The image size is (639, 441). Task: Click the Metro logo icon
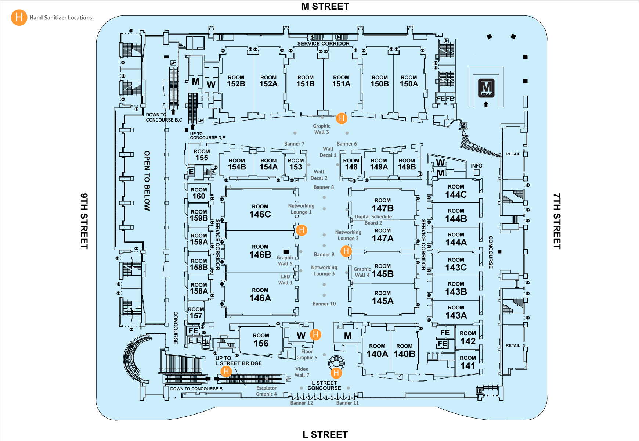pos(486,88)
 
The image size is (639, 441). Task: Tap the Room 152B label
pos(236,81)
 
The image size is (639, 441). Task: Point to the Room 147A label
pos(383,235)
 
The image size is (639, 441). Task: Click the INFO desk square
pos(477,172)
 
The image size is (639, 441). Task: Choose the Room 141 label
pos(467,362)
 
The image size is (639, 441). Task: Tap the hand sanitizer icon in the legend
pos(19,17)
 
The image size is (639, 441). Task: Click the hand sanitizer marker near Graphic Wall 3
pos(342,118)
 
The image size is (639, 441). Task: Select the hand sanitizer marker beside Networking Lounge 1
pos(302,230)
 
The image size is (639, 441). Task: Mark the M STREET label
pos(325,6)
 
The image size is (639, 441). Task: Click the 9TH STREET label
pos(84,221)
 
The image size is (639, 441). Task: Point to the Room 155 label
pos(202,155)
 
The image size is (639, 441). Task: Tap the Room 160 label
pos(199,193)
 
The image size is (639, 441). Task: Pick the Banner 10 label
pos(324,304)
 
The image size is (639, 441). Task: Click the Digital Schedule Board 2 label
pos(373,220)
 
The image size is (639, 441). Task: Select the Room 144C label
pos(456,191)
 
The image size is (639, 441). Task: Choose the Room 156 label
pos(261,340)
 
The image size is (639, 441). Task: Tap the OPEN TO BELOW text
pos(147,180)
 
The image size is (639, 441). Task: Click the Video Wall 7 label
pos(302,372)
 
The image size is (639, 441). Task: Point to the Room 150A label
pos(409,81)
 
